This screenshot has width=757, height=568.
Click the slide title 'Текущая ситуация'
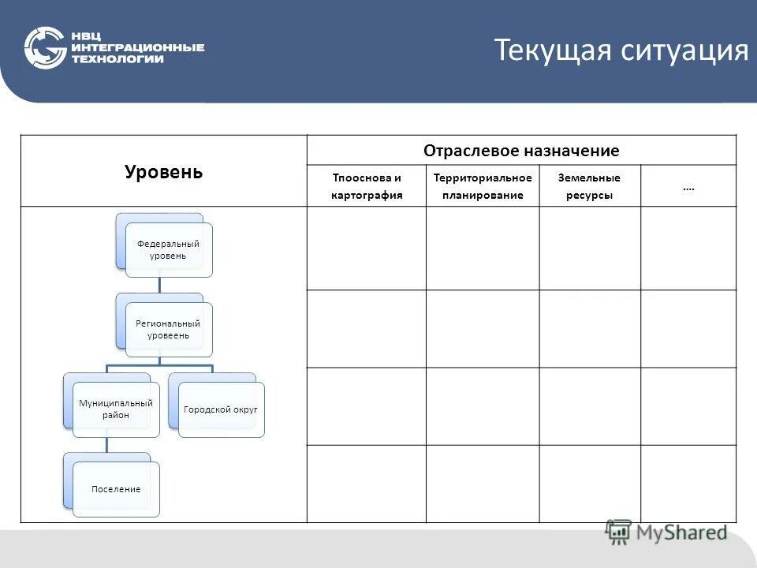pos(621,50)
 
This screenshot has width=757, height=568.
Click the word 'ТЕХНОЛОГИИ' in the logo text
pos(117,59)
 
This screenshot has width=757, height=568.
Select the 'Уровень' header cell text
pos(163,172)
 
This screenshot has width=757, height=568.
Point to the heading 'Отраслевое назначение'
pos(521,151)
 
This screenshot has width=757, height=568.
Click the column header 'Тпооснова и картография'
pos(367,186)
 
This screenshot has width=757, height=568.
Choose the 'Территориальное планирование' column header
pos(483,186)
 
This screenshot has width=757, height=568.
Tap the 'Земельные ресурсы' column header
pos(589,186)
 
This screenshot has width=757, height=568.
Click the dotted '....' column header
pos(688,188)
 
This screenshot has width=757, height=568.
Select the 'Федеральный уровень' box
pos(169,249)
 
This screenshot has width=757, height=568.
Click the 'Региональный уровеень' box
pos(168,329)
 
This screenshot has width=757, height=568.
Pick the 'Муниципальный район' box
pos(115,409)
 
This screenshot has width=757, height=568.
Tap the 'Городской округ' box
pos(221,409)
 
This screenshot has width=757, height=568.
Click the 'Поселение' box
pos(116,489)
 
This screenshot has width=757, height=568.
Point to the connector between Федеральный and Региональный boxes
pos(159,285)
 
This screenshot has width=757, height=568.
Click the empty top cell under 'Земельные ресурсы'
pos(589,248)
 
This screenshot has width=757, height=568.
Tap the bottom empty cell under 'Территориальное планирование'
pos(483,483)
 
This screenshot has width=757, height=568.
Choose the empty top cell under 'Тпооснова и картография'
pos(367,248)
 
